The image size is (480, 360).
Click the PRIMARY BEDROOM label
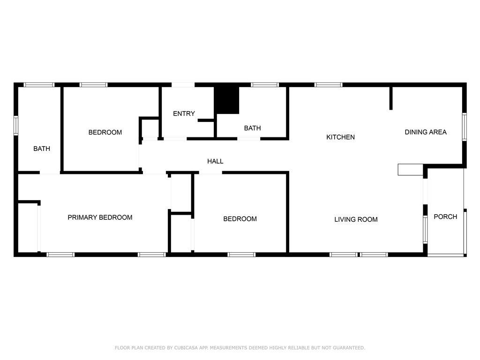coord(100,217)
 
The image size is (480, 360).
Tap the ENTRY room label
coord(184,113)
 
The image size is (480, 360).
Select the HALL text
coord(215,161)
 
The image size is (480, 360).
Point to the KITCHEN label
coord(340,137)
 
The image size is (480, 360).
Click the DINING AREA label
coord(426,132)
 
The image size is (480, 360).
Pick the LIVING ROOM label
coord(356,219)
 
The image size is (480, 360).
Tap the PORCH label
coord(445,217)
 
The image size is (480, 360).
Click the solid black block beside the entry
coord(226,100)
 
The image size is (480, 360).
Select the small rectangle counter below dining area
coord(411,170)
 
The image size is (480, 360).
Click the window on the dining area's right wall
coord(465,127)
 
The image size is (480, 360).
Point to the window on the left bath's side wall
coord(16,125)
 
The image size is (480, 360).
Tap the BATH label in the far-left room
coord(42,149)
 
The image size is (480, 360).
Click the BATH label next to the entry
coord(252,128)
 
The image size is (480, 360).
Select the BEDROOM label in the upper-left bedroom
coord(105,132)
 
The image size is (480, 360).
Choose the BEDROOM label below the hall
coord(240,218)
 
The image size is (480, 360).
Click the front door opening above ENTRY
coord(183,85)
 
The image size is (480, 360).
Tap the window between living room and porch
coord(425,229)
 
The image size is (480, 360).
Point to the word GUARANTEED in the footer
coord(349,348)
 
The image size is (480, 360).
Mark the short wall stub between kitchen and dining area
coord(391,98)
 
